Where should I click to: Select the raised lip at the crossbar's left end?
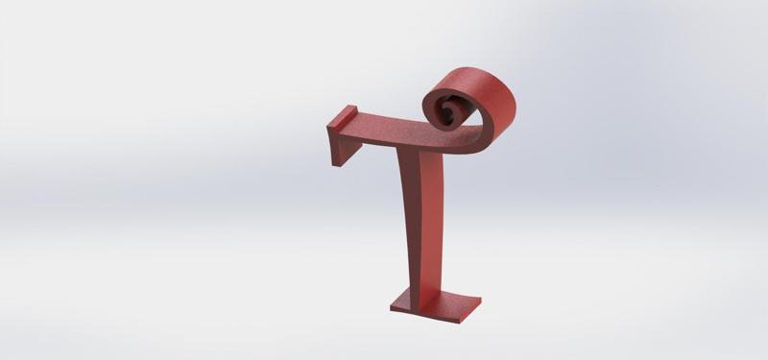(343, 119)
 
